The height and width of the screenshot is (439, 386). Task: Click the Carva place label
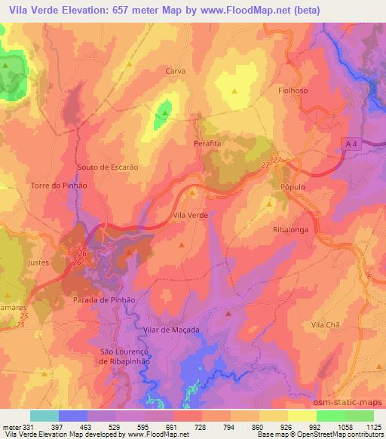click(x=175, y=71)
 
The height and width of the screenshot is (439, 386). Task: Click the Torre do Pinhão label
click(x=60, y=185)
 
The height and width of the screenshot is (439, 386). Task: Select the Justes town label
click(x=37, y=263)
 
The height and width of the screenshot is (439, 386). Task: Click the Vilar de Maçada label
click(x=170, y=330)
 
